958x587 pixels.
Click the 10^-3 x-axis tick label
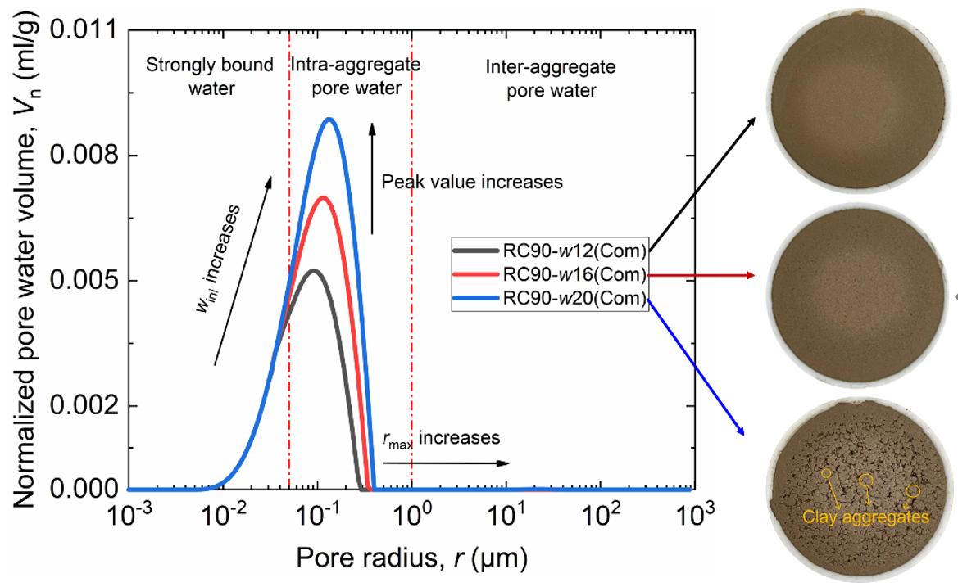pos(128,518)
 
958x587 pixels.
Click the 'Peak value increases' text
pos(472,183)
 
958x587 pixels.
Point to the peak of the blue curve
pos(329,119)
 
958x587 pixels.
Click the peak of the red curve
pos(323,197)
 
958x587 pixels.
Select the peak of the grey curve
pos(311,270)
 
